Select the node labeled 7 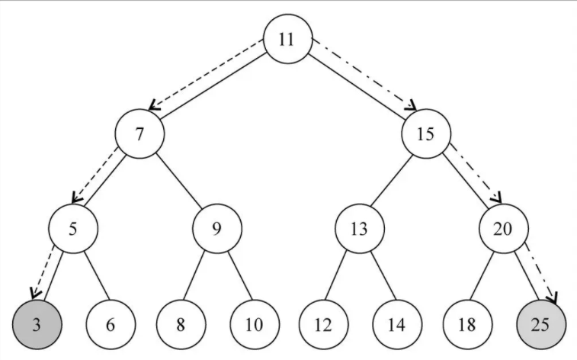point(139,134)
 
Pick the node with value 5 point(72,229)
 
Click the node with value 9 point(216,229)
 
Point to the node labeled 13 point(359,229)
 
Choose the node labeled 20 point(503,229)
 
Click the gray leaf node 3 point(37,324)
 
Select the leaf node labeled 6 point(110,324)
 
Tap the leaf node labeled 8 point(181,324)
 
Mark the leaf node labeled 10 point(253,324)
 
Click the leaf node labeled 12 point(323,324)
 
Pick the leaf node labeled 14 point(396,324)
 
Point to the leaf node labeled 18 point(466,324)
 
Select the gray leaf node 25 point(540,324)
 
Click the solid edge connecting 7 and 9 point(178,182)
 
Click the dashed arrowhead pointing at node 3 point(33,294)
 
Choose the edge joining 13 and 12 point(341,277)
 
